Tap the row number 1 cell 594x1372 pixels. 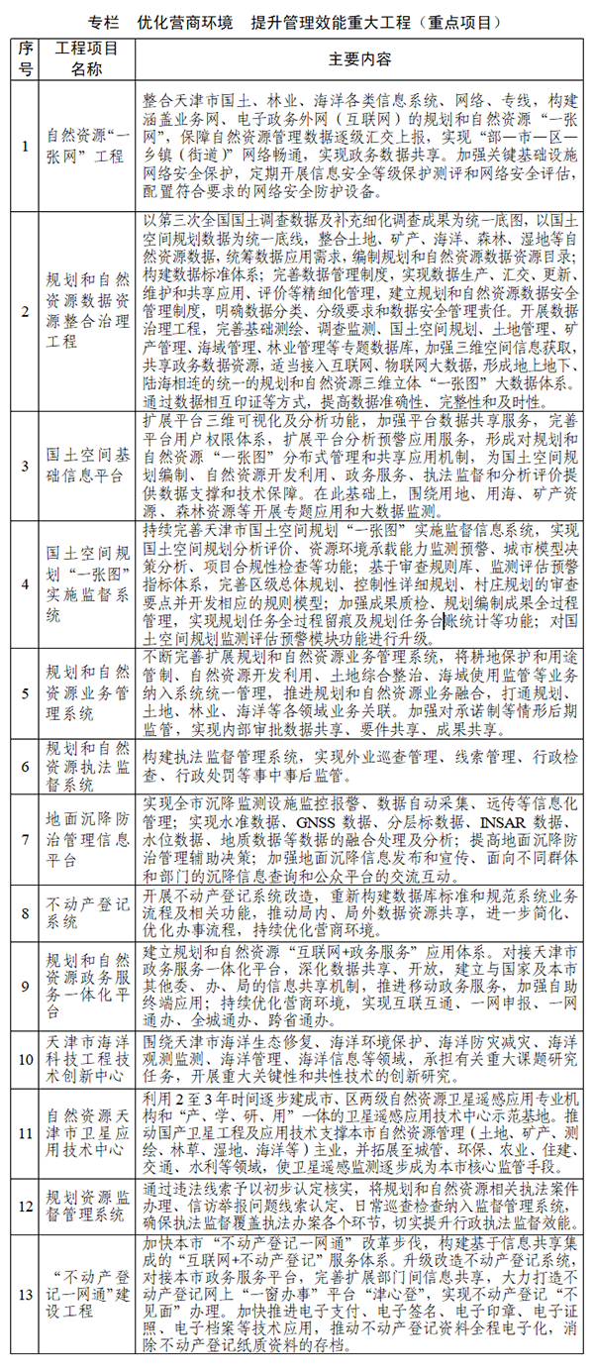pyautogui.click(x=26, y=147)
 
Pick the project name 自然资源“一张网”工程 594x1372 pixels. pyautogui.click(x=86, y=147)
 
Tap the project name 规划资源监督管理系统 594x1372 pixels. pyautogui.click(x=86, y=1208)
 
